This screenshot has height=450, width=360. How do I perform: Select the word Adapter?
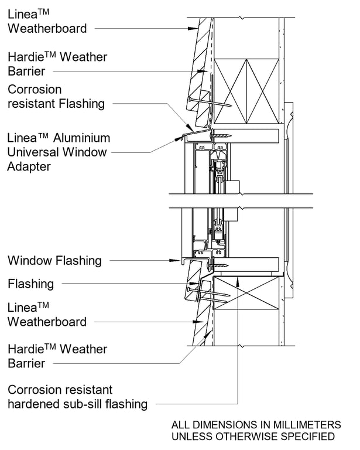(x=29, y=166)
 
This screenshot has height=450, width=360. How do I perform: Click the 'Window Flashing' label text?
(x=54, y=260)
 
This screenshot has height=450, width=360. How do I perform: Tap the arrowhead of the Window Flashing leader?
(x=179, y=260)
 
